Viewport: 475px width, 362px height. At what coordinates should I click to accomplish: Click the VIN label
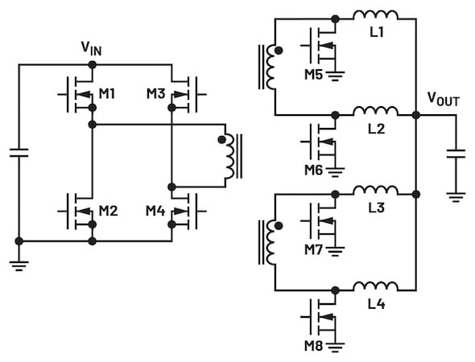pyautogui.click(x=91, y=48)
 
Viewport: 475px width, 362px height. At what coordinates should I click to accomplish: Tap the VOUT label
pyautogui.click(x=443, y=99)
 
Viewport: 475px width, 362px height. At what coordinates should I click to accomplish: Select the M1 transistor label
pyautogui.click(x=107, y=94)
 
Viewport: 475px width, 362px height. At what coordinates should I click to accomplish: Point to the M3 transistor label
pyautogui.click(x=155, y=94)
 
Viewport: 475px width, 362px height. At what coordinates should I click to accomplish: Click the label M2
pyautogui.click(x=108, y=211)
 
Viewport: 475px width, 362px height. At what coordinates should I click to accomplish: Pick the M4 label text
pyautogui.click(x=155, y=211)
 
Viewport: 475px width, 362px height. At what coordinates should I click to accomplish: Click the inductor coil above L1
pyautogui.click(x=376, y=14)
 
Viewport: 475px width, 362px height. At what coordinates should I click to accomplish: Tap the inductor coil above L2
pyautogui.click(x=376, y=111)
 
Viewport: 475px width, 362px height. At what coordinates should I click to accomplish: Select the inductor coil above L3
pyautogui.click(x=376, y=190)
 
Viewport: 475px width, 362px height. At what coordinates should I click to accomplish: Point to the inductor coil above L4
pyautogui.click(x=376, y=286)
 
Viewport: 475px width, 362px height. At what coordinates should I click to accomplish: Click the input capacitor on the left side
pyautogui.click(x=19, y=153)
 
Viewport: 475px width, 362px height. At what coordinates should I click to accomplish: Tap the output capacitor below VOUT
pyautogui.click(x=456, y=154)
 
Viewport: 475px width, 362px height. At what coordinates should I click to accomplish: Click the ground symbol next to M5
pyautogui.click(x=335, y=76)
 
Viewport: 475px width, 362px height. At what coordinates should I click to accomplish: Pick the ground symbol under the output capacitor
pyautogui.click(x=456, y=198)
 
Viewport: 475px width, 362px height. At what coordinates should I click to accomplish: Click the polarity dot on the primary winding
pyautogui.click(x=222, y=139)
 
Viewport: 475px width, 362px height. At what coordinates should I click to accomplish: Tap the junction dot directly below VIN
pyautogui.click(x=92, y=64)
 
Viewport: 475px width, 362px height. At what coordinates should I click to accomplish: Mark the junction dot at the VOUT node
pyautogui.click(x=416, y=115)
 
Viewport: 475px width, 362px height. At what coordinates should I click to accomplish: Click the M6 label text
pyautogui.click(x=313, y=171)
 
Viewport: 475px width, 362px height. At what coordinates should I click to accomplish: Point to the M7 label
pyautogui.click(x=313, y=250)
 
